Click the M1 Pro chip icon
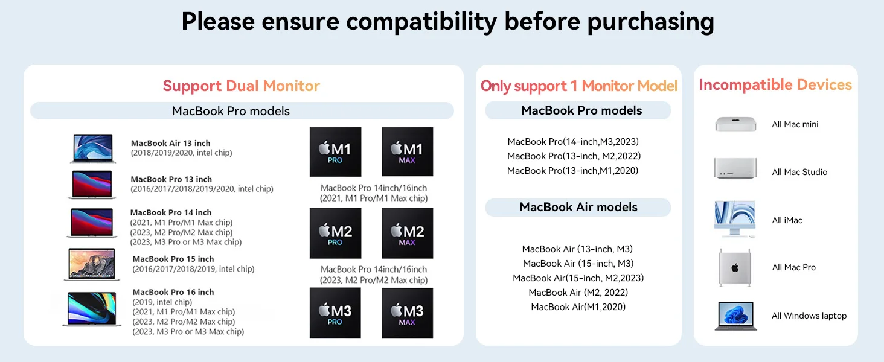coord(335,152)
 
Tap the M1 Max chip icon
coord(407,152)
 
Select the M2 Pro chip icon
coord(335,233)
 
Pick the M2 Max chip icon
coord(407,233)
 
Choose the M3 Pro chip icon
coord(335,313)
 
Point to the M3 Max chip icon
coord(407,313)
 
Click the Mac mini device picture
coord(735,124)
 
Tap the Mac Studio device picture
coord(735,168)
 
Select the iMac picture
coord(735,219)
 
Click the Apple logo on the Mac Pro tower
coord(735,268)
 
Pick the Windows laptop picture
coord(736,316)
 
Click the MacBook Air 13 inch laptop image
coord(93,148)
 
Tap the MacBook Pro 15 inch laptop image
coord(92,264)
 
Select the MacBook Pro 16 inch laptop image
coord(92,309)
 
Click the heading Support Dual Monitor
coord(241,86)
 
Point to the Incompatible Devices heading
coord(775,85)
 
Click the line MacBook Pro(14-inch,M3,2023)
coord(573,142)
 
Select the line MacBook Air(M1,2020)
coord(578,306)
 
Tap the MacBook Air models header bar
coord(578,208)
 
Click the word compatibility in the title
coord(421,22)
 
